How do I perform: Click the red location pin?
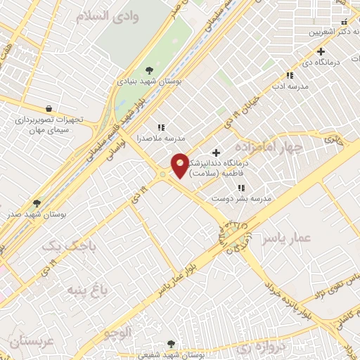coord(180,165)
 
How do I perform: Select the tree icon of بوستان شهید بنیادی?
coord(149,69)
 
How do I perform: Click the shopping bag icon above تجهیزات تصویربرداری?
coord(48,109)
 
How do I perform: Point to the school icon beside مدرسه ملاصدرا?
coord(161,127)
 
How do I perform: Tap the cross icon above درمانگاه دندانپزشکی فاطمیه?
coord(216,153)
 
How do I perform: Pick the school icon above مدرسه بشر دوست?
coord(241,188)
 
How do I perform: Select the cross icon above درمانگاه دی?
coord(321,51)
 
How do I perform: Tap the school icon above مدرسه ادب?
coord(289,76)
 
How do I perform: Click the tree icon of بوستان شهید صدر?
coord(37,202)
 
